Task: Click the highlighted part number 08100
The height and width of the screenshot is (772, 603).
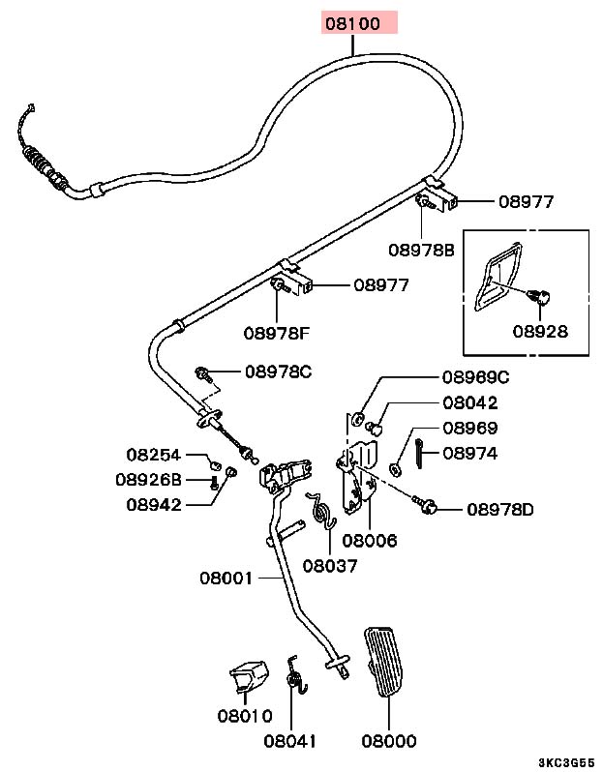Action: click(x=359, y=22)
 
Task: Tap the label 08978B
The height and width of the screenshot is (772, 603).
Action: click(x=421, y=250)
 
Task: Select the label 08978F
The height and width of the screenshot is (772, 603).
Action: click(x=276, y=334)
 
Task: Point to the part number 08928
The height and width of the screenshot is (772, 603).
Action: click(x=540, y=331)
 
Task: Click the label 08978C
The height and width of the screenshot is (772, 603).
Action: click(x=278, y=371)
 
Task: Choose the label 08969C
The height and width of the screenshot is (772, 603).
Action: click(x=475, y=377)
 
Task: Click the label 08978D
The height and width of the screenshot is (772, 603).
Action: click(x=499, y=509)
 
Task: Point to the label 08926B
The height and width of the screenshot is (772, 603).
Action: click(x=148, y=478)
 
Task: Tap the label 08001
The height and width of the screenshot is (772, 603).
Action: click(x=226, y=579)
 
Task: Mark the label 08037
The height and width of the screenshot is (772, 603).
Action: click(x=329, y=565)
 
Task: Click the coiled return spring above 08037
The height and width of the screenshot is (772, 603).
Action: click(x=321, y=509)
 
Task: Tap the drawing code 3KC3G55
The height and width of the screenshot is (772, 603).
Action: click(x=568, y=762)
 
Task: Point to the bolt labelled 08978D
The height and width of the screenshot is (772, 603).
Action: click(x=428, y=505)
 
